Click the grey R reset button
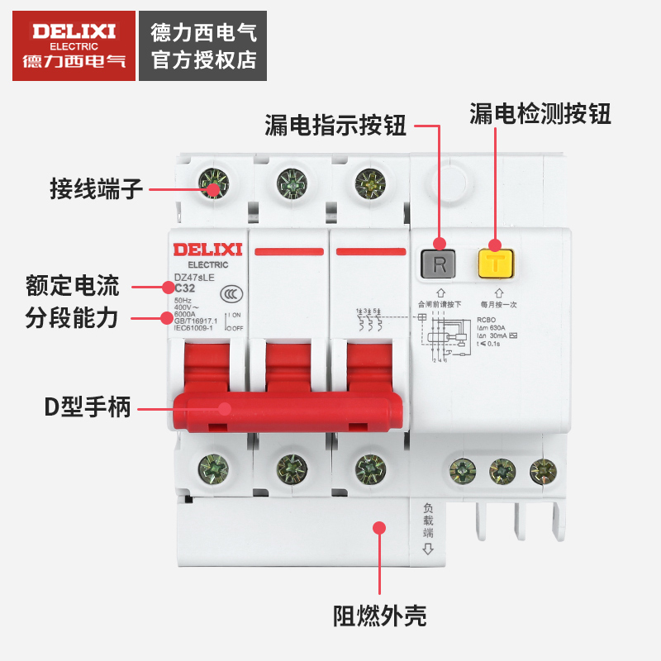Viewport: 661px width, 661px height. (x=440, y=264)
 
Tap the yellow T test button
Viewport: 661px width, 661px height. (x=495, y=264)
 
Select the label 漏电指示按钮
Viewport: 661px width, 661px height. (x=335, y=126)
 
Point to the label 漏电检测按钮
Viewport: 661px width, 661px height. (x=540, y=114)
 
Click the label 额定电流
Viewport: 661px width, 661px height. (x=72, y=287)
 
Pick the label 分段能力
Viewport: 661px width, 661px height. (x=72, y=316)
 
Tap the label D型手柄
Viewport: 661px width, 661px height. (x=88, y=407)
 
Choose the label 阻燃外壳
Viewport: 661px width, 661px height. (x=379, y=616)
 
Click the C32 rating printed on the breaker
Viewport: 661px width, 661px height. (x=185, y=288)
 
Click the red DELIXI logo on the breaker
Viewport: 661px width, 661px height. (x=207, y=249)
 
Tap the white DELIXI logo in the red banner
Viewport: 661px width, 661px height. (x=74, y=31)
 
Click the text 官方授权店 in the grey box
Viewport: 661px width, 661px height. (x=204, y=60)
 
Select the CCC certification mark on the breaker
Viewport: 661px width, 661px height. (x=230, y=296)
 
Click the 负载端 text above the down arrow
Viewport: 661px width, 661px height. (x=428, y=521)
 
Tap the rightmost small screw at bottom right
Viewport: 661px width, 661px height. (x=543, y=472)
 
